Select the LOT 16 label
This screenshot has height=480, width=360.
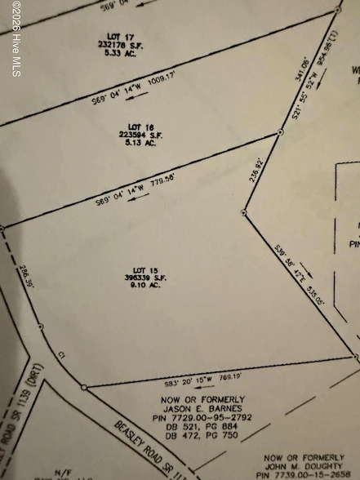(142, 127)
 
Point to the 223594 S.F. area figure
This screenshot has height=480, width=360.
(142, 135)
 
